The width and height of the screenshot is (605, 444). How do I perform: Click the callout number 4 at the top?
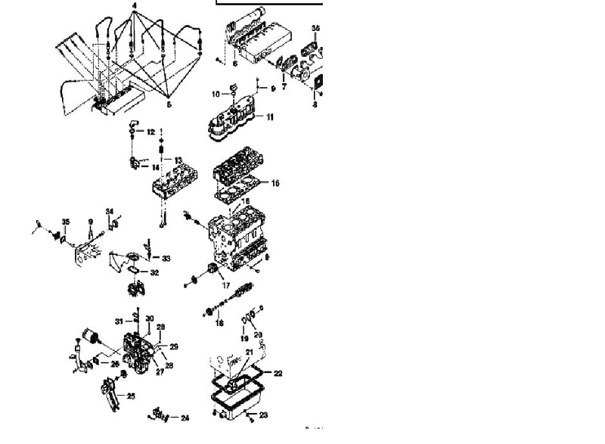[135, 6]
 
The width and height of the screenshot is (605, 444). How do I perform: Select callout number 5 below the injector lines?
[169, 104]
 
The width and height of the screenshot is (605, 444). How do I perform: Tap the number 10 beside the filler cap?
[215, 95]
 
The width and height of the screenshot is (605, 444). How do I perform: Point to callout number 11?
[270, 117]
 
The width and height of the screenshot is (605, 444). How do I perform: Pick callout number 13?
[178, 160]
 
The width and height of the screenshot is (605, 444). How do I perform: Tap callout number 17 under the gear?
[225, 285]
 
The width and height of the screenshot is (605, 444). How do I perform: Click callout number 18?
[219, 323]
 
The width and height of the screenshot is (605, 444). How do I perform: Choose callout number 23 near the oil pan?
[263, 415]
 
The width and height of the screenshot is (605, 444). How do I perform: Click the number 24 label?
[185, 418]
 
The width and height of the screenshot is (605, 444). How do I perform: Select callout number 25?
[131, 396]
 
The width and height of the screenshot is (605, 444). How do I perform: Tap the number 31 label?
[119, 321]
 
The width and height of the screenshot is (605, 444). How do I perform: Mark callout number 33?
[166, 259]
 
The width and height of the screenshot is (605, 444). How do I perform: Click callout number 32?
[154, 272]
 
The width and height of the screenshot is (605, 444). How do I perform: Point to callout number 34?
[110, 212]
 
